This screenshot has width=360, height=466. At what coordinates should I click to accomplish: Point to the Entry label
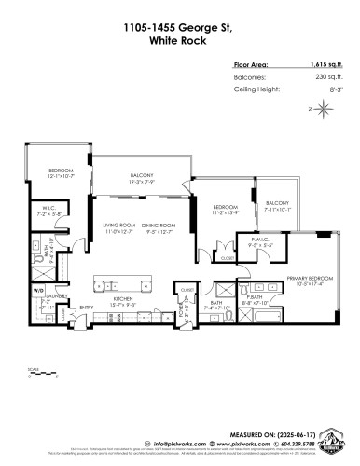86,308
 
